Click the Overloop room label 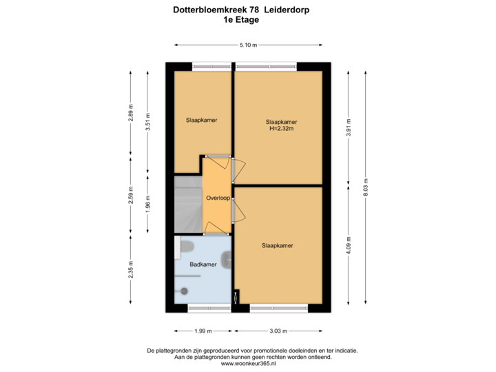tap(218, 198)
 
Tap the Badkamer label tap(203, 264)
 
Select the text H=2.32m tap(281, 128)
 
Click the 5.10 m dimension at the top tap(248, 45)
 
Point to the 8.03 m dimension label tap(366, 187)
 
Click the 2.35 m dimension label tap(131, 268)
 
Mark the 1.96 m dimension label tap(147, 205)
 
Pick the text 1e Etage tap(241, 20)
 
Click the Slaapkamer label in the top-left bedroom tap(201, 120)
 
